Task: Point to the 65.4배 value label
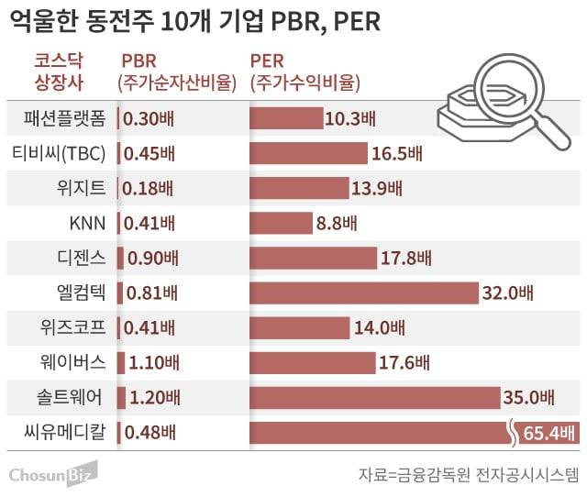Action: tap(549, 432)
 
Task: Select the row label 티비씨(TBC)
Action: tap(57, 153)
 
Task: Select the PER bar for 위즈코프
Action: tap(300, 327)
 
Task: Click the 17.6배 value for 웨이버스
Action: tap(404, 362)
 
